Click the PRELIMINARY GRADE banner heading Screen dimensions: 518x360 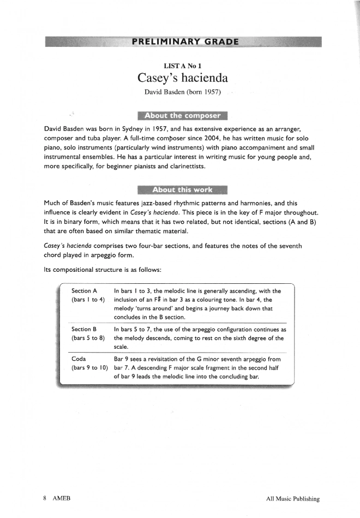185,41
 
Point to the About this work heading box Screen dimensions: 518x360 182,190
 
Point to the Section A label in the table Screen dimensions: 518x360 84,291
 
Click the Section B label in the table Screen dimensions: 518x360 84,330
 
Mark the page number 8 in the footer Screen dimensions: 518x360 44,498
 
